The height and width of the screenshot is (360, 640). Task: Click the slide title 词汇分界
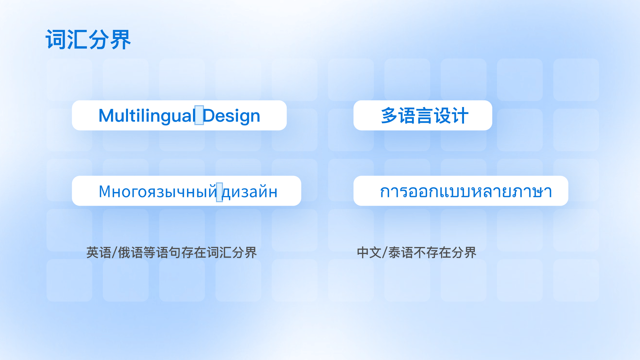88,40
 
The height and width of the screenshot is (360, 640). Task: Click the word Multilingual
147,116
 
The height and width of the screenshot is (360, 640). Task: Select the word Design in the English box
231,116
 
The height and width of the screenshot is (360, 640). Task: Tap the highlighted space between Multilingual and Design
199,115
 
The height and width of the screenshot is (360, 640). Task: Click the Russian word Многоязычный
158,191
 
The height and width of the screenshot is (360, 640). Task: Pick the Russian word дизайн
250,192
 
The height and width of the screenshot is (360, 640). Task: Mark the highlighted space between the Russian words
219,192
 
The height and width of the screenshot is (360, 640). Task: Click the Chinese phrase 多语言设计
425,116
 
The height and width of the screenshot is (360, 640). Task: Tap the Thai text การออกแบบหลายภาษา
466,191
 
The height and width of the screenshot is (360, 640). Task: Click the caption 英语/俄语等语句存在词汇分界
171,253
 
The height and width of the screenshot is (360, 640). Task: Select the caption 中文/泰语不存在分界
416,253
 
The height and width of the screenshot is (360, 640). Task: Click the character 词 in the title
56,40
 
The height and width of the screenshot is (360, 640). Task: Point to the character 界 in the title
121,40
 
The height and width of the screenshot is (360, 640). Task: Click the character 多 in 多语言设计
389,116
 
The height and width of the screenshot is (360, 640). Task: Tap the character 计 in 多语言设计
460,116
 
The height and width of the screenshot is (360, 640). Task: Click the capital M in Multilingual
107,116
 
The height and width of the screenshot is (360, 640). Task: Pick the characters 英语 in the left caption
99,253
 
